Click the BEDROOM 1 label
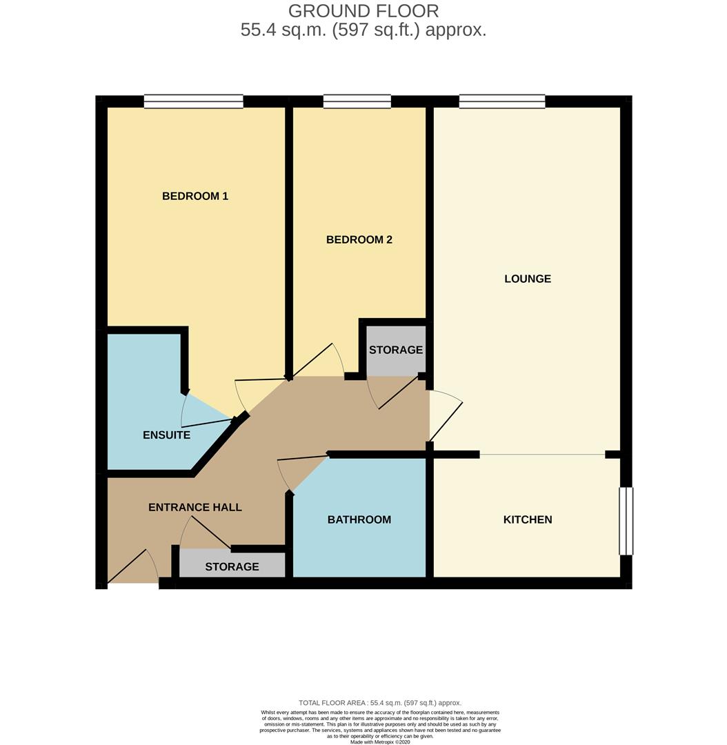195,196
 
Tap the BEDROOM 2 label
359,239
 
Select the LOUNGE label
528,279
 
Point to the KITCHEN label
528,519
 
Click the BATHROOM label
359,519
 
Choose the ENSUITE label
166,435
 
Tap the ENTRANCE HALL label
195,507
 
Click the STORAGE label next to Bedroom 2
395,350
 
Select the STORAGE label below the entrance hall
232,566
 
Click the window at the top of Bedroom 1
194,101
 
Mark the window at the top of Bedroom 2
357,101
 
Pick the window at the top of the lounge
502,101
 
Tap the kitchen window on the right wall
626,521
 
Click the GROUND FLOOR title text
363,11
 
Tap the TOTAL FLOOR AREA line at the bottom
380,702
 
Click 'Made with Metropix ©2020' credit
380,742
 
